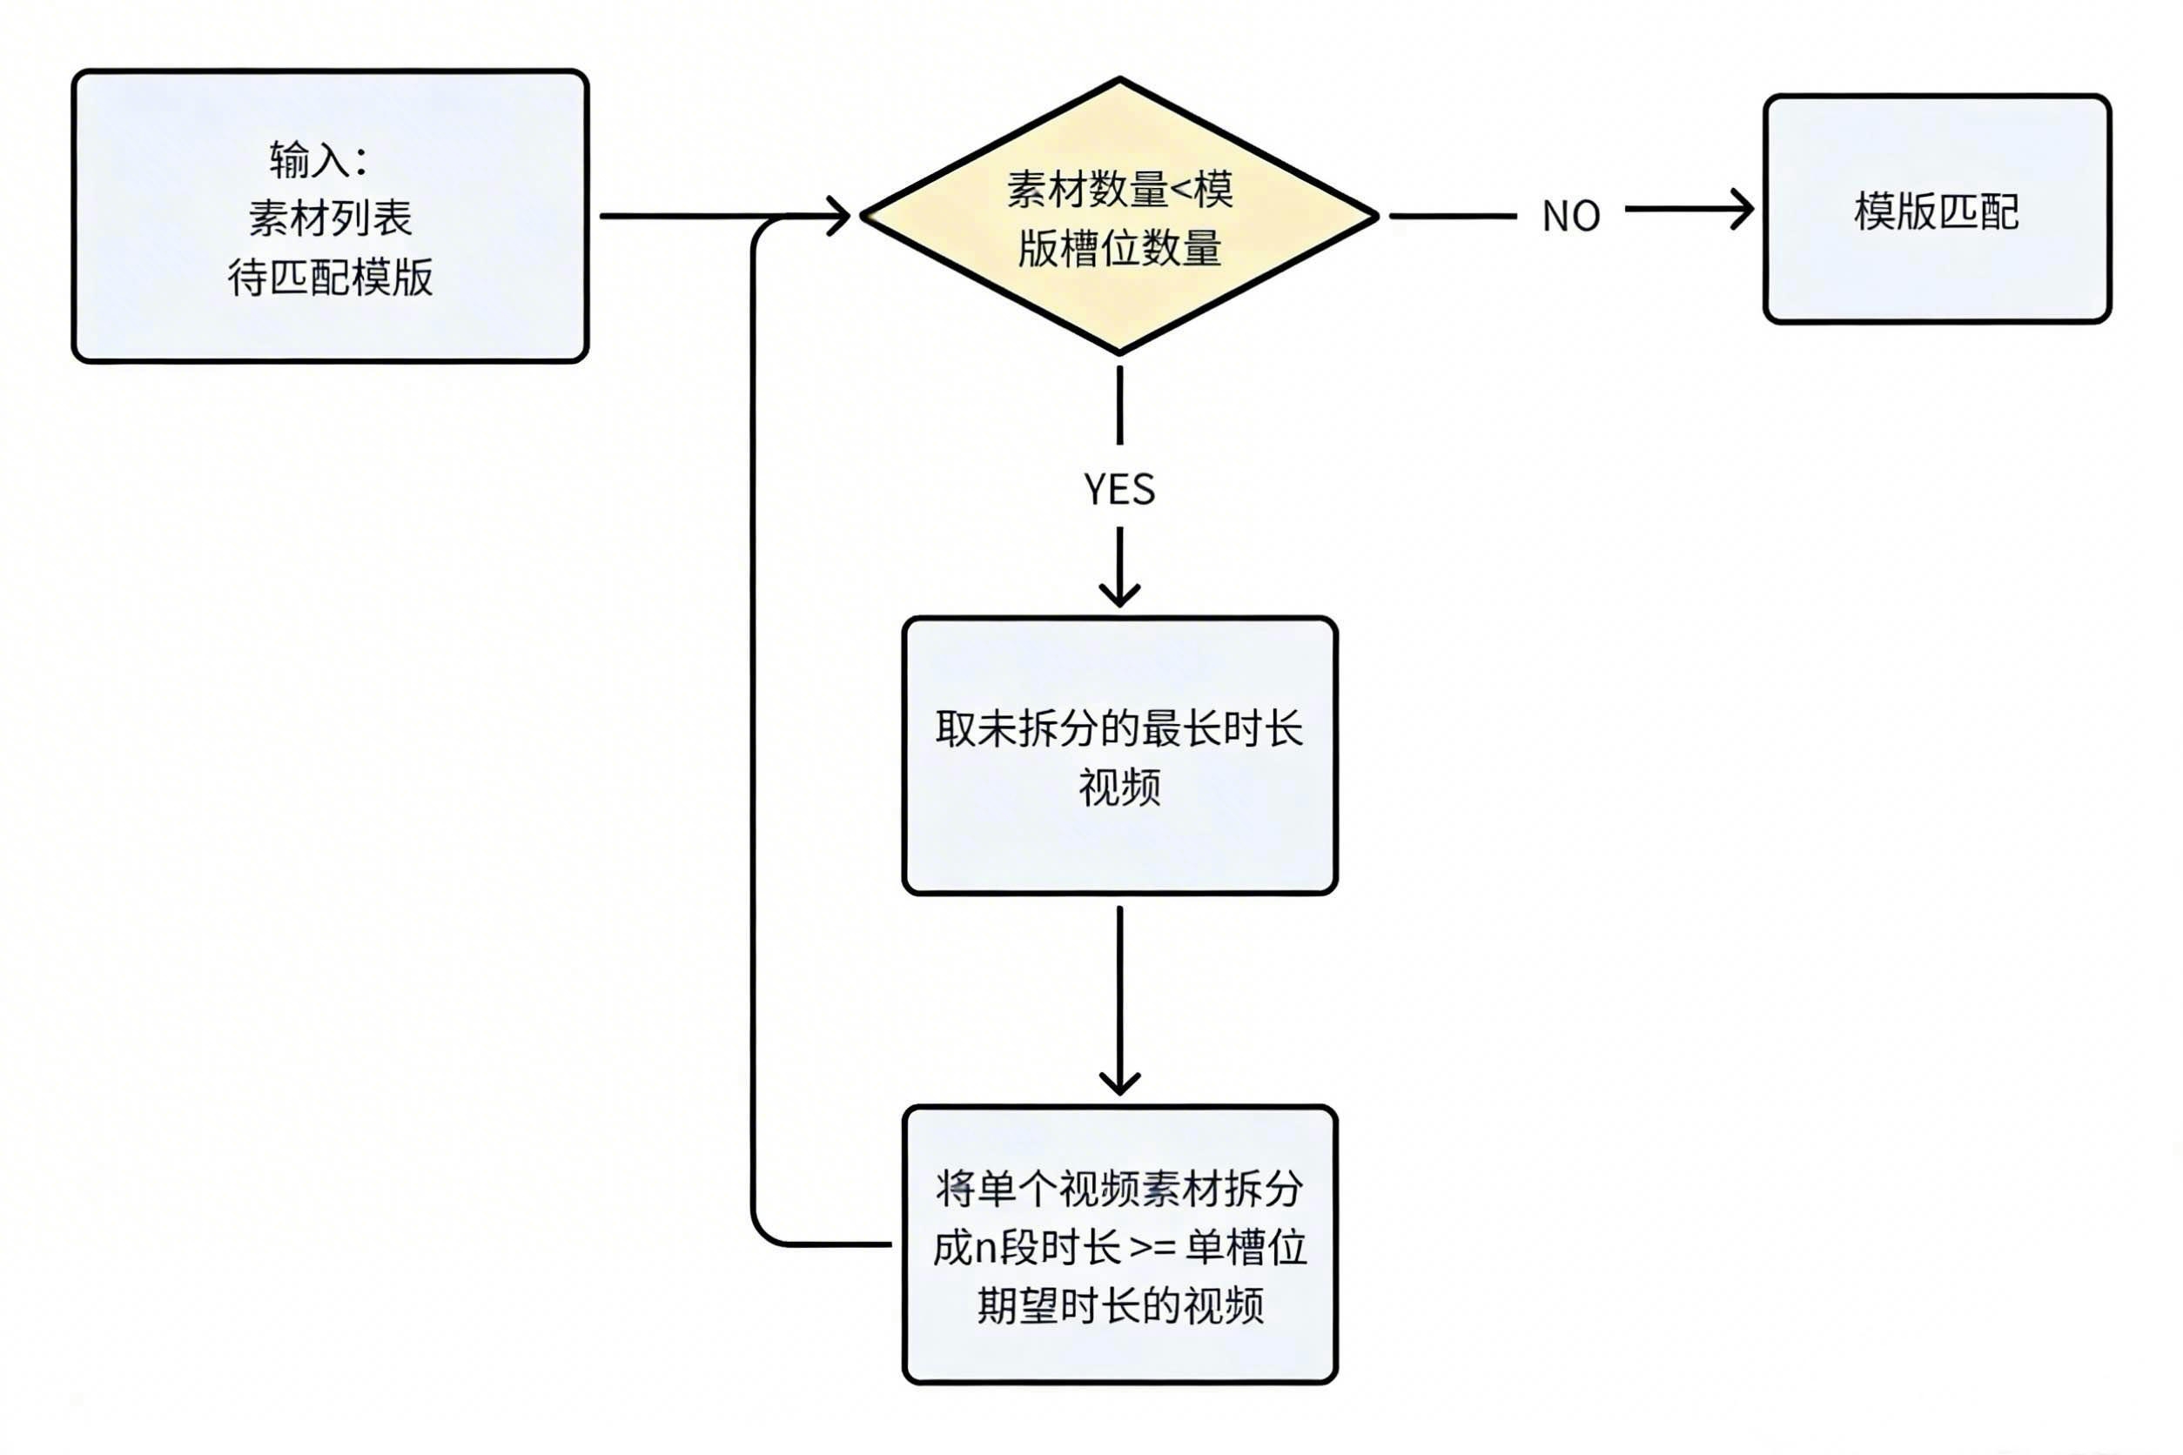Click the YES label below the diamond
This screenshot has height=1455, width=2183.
[x=1119, y=489]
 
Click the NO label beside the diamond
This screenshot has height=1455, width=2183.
[x=1570, y=216]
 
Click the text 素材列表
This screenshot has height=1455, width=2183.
[x=331, y=218]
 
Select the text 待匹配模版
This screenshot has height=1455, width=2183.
[x=331, y=278]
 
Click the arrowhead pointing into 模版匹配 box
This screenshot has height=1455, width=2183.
[x=1742, y=210]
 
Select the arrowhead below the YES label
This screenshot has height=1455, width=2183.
[x=1119, y=593]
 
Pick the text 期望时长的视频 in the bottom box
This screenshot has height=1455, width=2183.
[x=1119, y=1306]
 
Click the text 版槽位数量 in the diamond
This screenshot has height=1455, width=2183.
[x=1119, y=249]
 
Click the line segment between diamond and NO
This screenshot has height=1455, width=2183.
[x=1453, y=216]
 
